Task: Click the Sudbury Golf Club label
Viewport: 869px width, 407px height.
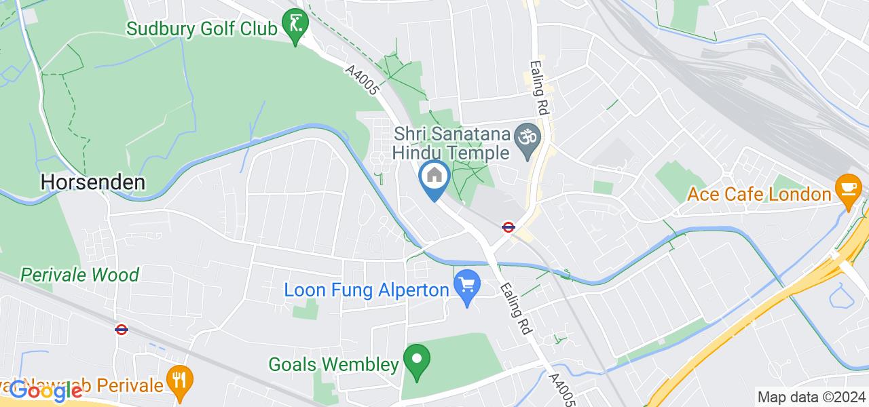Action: [202, 29]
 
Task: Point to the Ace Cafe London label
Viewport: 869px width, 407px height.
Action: [759, 194]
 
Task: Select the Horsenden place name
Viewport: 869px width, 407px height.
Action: [92, 182]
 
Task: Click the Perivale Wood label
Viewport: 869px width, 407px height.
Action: [79, 275]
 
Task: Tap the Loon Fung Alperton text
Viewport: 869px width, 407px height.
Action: [367, 290]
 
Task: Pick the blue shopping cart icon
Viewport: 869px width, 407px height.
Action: [467, 288]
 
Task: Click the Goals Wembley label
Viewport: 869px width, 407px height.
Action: [333, 364]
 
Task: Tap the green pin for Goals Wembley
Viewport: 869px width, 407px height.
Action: [416, 362]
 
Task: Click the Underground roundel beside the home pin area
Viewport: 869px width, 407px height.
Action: [507, 227]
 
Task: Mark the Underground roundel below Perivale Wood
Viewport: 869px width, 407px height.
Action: [122, 330]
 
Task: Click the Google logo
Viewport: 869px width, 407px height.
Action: [45, 391]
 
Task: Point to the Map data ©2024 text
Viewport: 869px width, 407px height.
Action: [811, 398]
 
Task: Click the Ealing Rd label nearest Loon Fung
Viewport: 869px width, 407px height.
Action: [514, 309]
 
